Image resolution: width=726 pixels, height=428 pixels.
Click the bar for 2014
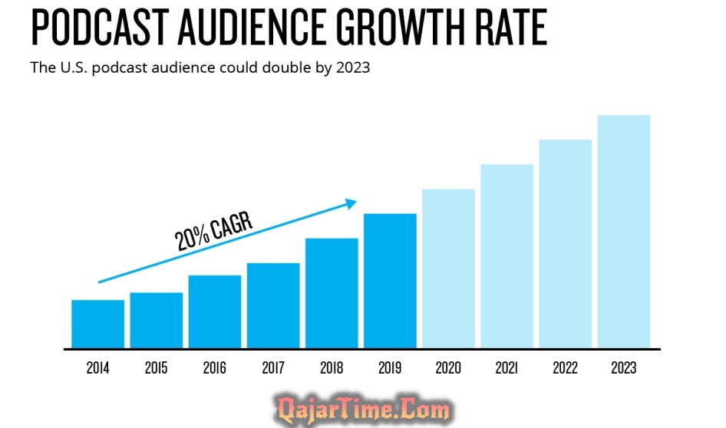pyautogui.click(x=97, y=324)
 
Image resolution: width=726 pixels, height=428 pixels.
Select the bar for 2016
pyautogui.click(x=215, y=311)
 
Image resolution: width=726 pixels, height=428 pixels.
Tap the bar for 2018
pyautogui.click(x=332, y=293)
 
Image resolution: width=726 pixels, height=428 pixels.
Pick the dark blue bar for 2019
pyautogui.click(x=390, y=281)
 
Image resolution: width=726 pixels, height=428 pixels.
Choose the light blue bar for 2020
pyautogui.click(x=448, y=268)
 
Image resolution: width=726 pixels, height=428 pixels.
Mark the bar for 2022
pyautogui.click(x=565, y=244)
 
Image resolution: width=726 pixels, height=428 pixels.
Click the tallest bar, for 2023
pyautogui.click(x=623, y=232)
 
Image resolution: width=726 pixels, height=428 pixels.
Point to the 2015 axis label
pyautogui.click(x=156, y=368)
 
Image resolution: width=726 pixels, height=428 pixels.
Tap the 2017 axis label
pyautogui.click(x=273, y=368)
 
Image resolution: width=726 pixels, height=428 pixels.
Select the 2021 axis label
pyautogui.click(x=507, y=368)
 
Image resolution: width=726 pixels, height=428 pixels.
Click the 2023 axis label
pyautogui.click(x=623, y=368)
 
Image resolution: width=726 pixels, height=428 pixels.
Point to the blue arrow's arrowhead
pyautogui.click(x=351, y=203)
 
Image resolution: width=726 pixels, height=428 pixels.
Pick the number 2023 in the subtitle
pyautogui.click(x=353, y=67)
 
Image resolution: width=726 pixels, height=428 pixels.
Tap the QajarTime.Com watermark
pyautogui.click(x=363, y=408)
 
